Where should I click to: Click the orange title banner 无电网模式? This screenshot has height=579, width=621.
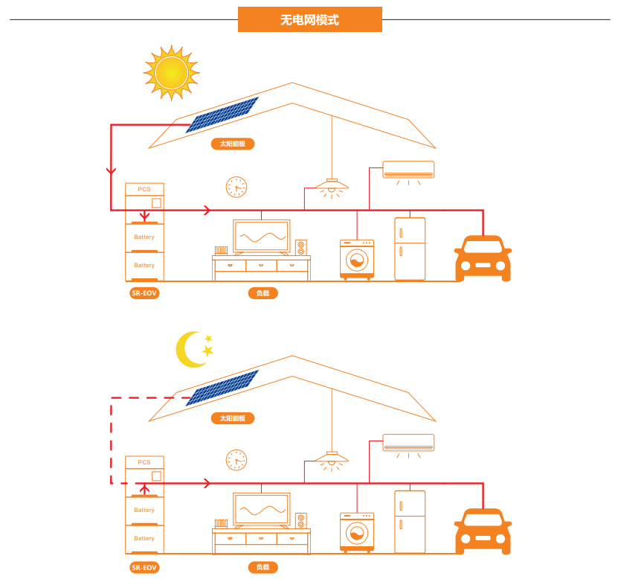click(x=309, y=19)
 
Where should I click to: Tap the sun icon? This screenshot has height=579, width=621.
click(x=171, y=72)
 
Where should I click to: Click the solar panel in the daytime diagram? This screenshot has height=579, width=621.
click(x=222, y=114)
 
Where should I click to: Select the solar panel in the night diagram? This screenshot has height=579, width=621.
click(x=222, y=387)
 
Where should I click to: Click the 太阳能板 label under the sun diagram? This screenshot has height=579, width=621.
click(x=232, y=144)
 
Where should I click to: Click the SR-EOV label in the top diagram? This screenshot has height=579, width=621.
click(x=145, y=293)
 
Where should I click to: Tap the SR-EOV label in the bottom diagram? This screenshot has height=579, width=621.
click(x=145, y=567)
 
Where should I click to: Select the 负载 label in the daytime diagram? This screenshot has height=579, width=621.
click(x=263, y=293)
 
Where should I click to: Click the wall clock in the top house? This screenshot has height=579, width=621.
click(x=237, y=187)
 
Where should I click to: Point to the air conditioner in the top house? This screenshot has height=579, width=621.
click(x=408, y=170)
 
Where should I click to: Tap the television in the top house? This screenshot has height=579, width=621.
click(x=261, y=237)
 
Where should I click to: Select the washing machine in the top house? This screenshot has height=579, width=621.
click(x=357, y=258)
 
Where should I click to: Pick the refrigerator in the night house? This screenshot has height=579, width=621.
click(x=410, y=521)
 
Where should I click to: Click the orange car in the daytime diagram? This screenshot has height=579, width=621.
click(x=483, y=257)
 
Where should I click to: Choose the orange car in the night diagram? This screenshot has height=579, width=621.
click(x=483, y=531)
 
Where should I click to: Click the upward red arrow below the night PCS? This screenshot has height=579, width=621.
click(x=145, y=487)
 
